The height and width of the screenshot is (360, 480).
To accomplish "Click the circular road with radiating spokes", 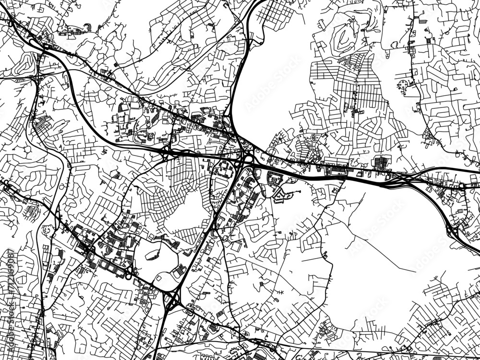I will point(402,86).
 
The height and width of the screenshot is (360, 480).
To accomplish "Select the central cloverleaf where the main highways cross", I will point(248,161).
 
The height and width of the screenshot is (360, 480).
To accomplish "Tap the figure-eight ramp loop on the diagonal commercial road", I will point(128,273).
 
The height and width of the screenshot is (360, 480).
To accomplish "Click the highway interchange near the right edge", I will point(453,230).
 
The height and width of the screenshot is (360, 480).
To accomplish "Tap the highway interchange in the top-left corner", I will point(43,46).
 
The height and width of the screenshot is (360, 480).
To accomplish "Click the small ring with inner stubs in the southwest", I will point(47,230).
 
